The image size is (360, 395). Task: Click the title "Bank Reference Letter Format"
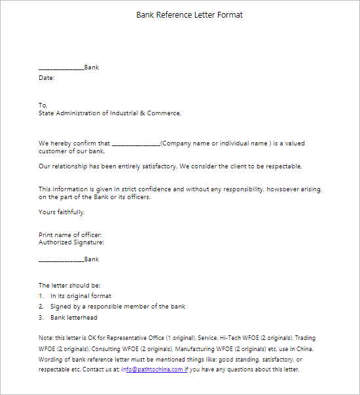coord(189,15)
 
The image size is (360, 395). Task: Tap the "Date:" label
coord(46,78)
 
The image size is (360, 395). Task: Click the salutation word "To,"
coord(43,105)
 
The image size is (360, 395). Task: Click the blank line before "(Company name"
coord(135,143)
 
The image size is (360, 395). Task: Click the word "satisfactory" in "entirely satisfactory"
coord(155,166)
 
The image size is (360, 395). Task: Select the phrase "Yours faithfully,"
coord(62,212)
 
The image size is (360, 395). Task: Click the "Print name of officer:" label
coord(70,235)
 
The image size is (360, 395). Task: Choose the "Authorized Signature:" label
coord(71,242)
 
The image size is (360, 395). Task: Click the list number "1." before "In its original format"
coord(41,295)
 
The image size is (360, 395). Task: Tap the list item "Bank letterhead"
coord(74,318)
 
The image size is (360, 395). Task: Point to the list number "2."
coord(41,307)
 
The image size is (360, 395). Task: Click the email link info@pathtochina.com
coord(152,369)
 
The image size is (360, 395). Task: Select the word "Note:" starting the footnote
coord(47,338)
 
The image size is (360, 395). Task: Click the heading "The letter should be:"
coord(69,286)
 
